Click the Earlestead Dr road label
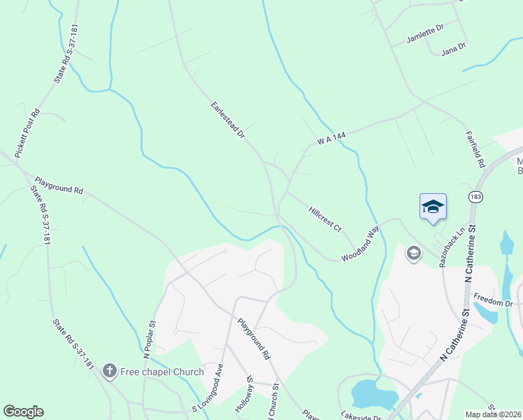pos(227,119)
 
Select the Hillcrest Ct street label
pos(324,218)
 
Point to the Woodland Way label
pos(360,244)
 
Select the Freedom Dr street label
pos(493,302)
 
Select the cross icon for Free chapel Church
pos(108,371)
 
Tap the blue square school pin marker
pos(433,206)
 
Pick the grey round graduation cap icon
pos(413,253)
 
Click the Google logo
pos(23,412)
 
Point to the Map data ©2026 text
pos(494,414)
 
